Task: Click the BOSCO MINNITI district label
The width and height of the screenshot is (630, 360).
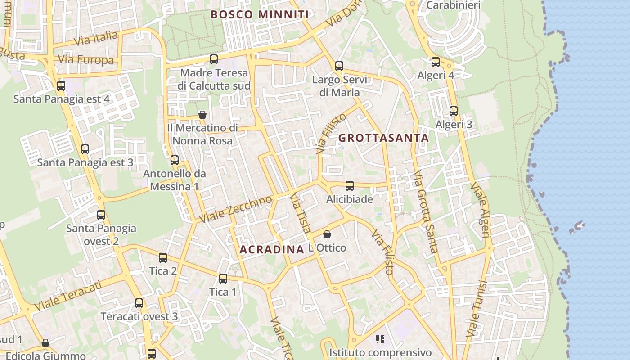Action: tap(260, 14)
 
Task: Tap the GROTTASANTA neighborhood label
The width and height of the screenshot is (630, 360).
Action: tap(383, 138)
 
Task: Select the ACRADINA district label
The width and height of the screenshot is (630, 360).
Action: tap(272, 249)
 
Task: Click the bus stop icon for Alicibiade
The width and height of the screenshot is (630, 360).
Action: tap(349, 185)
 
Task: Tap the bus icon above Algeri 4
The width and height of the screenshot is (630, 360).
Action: tap(436, 62)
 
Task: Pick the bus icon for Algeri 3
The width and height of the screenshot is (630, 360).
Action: tap(454, 111)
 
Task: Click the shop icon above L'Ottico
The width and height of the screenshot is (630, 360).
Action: tap(327, 234)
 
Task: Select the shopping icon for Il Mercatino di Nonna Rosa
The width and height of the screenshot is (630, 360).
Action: tap(202, 115)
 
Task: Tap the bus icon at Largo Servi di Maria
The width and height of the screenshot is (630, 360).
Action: tap(339, 66)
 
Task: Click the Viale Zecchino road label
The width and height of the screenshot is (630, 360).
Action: tap(236, 209)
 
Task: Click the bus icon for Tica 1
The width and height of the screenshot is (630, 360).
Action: tap(223, 278)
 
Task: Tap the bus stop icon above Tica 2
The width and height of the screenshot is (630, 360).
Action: tap(163, 257)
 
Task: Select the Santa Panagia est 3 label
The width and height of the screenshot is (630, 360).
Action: tap(85, 162)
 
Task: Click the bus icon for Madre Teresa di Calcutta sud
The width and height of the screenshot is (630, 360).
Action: tap(214, 59)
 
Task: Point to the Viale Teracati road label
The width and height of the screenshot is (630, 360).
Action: tap(67, 295)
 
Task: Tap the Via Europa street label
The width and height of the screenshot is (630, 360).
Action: tap(86, 60)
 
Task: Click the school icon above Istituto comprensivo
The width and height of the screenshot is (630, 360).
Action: tap(380, 339)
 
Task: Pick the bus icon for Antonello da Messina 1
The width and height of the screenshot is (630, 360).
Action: tap(175, 160)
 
